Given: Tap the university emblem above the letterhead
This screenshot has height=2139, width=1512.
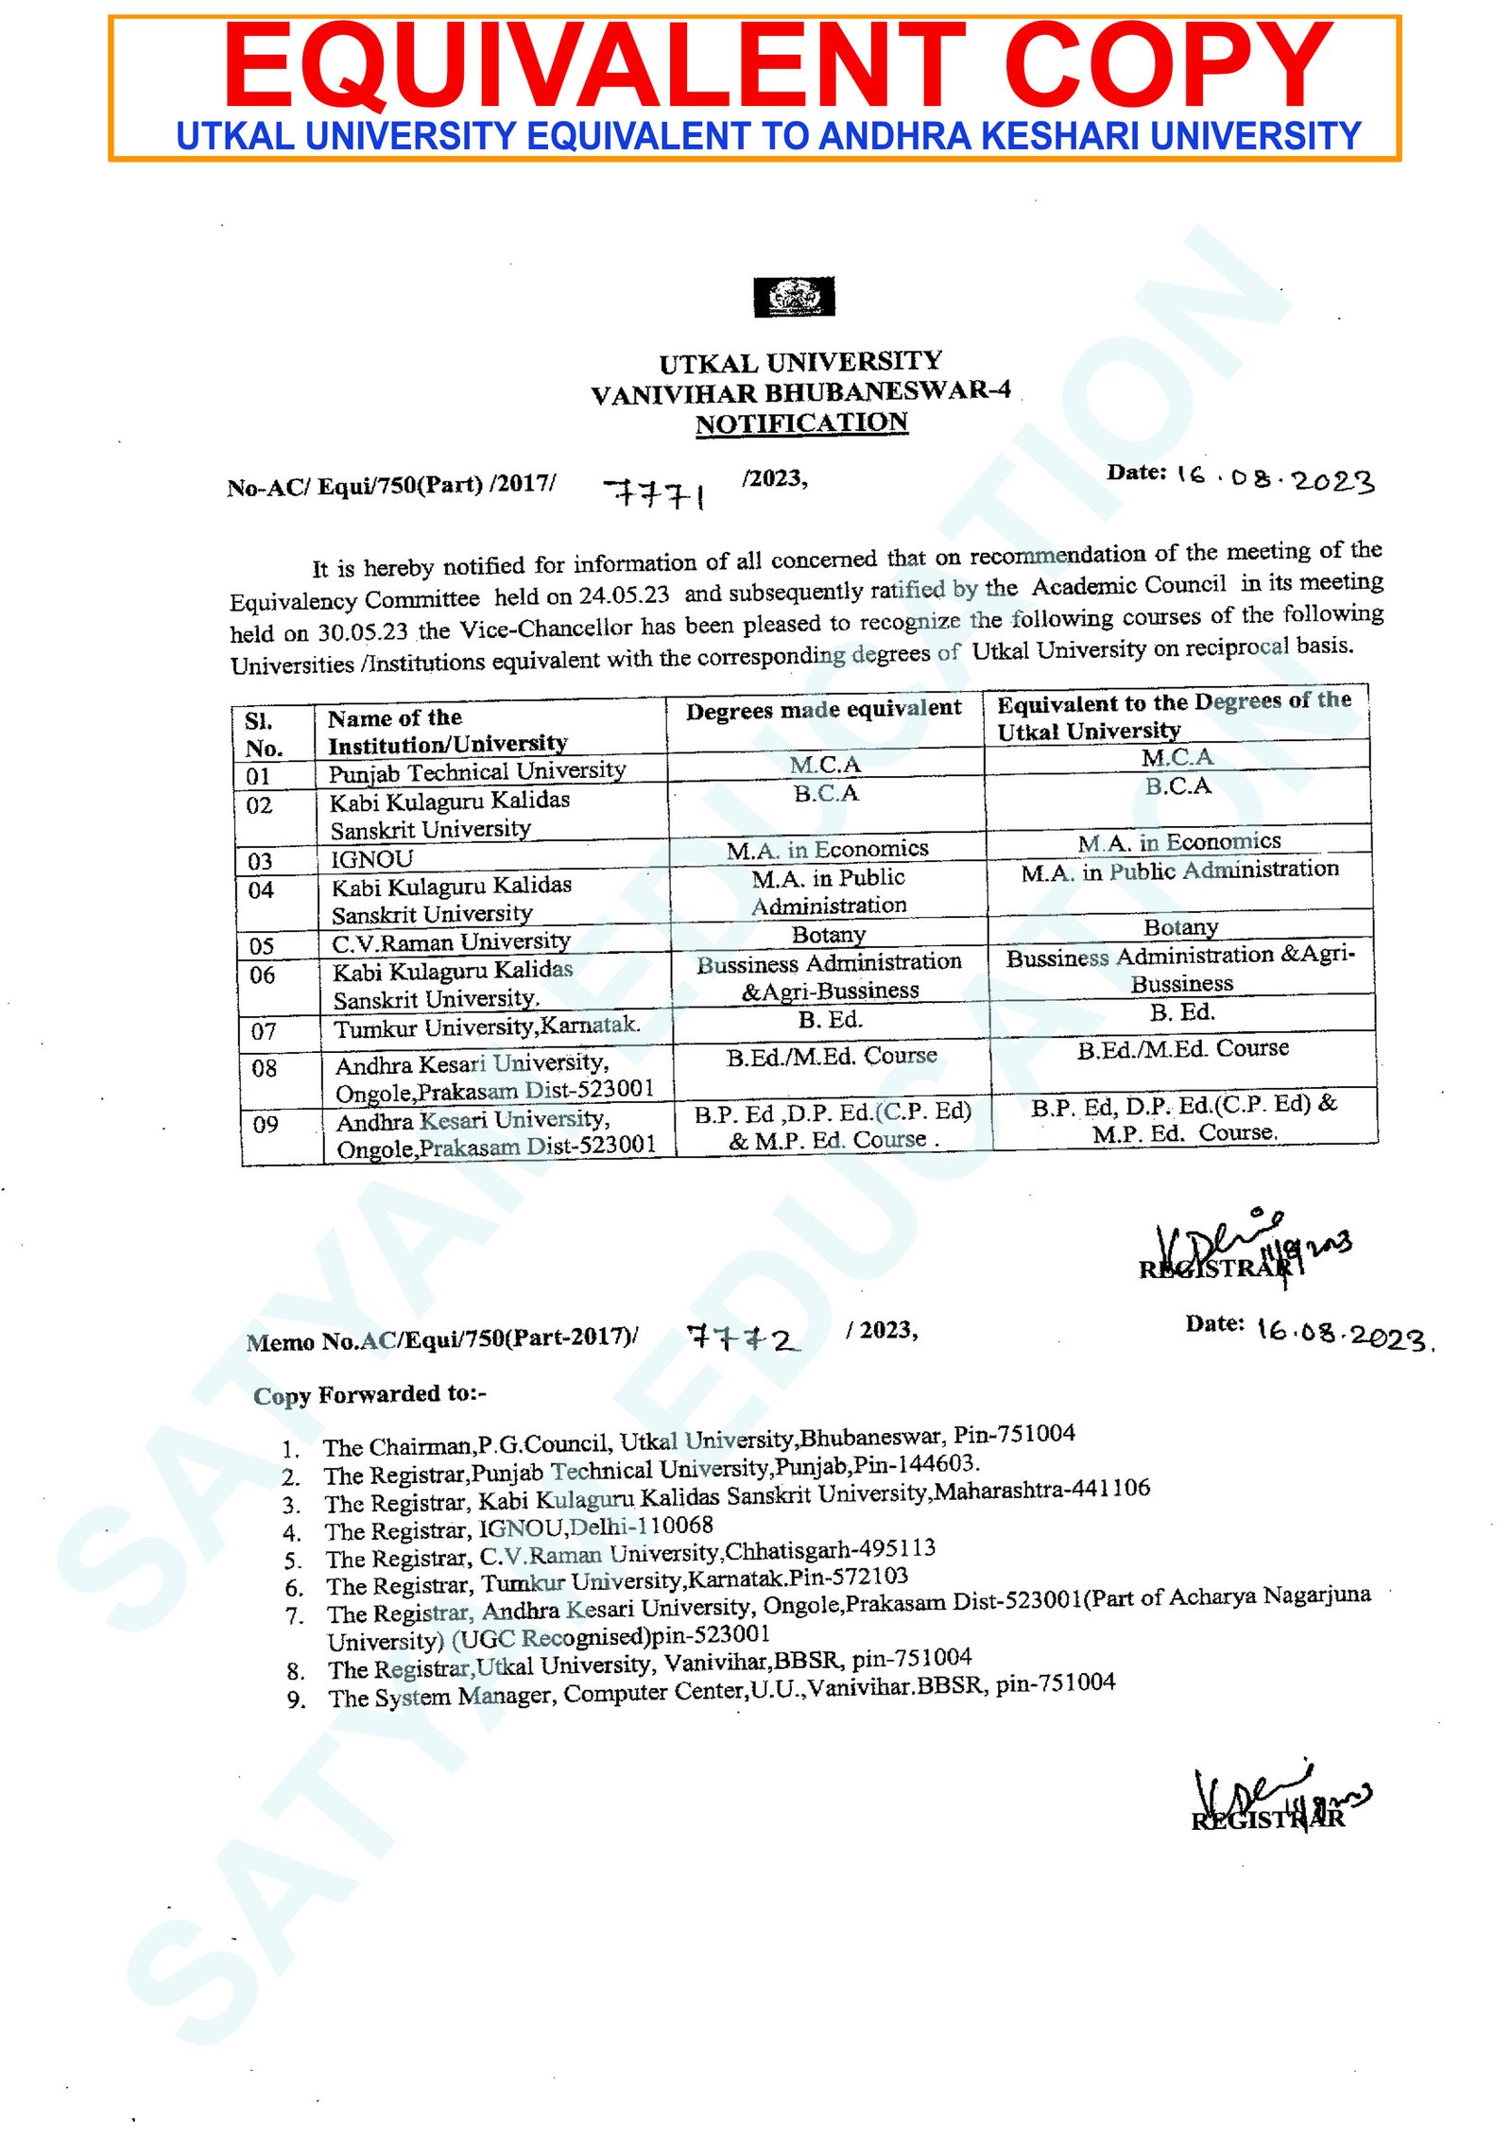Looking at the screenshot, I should [794, 297].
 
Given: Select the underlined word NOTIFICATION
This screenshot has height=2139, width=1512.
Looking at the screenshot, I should [801, 423].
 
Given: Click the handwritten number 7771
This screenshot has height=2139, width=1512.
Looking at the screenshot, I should [655, 492].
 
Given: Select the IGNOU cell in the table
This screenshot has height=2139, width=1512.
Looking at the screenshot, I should [371, 859].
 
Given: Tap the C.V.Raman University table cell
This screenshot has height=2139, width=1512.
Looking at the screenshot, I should [451, 942].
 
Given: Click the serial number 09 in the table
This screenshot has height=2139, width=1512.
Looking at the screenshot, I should [266, 1124].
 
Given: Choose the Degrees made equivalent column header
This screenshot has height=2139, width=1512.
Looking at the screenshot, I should [823, 710].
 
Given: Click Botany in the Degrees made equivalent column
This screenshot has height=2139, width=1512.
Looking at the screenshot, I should [829, 934].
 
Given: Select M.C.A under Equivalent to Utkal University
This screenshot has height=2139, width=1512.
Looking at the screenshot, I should [1177, 757].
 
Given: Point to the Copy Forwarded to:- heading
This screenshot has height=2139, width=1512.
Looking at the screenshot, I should [369, 1395].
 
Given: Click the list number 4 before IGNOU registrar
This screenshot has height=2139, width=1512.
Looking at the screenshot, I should [292, 1533].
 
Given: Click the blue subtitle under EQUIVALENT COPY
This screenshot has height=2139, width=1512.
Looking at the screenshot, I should [768, 136].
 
